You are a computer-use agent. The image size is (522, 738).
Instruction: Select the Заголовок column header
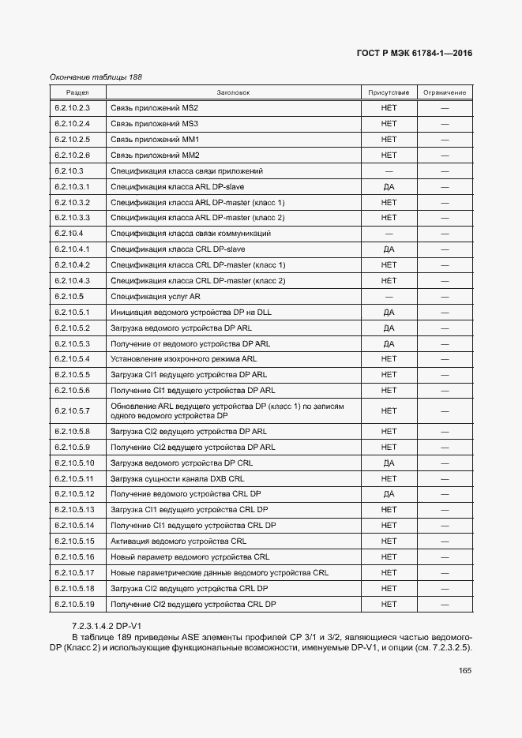pyautogui.click(x=233, y=92)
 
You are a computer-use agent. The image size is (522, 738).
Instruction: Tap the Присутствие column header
pyautogui.click(x=389, y=92)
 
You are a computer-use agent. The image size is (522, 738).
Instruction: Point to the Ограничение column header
pyautogui.click(x=445, y=92)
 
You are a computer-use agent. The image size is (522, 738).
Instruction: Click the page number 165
pyautogui.click(x=464, y=671)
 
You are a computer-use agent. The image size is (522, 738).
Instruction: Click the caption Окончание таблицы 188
pyautogui.click(x=96, y=77)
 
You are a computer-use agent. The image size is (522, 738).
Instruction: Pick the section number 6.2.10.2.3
pyautogui.click(x=73, y=108)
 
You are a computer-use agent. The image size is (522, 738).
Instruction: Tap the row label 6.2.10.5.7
pyautogui.click(x=73, y=411)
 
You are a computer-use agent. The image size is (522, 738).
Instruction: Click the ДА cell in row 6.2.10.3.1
pyautogui.click(x=389, y=187)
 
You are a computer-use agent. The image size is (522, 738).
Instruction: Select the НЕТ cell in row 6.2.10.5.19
pyautogui.click(x=389, y=605)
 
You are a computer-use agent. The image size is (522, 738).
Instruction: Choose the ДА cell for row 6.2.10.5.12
pyautogui.click(x=389, y=494)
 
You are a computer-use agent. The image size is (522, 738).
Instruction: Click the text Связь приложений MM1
pyautogui.click(x=155, y=140)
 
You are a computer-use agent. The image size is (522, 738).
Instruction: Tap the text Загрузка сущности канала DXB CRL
pyautogui.click(x=177, y=478)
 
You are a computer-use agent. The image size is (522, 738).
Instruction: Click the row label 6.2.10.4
pyautogui.click(x=69, y=234)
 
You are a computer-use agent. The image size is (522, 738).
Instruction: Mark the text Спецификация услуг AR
pyautogui.click(x=156, y=297)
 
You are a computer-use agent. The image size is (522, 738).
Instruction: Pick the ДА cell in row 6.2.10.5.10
pyautogui.click(x=389, y=463)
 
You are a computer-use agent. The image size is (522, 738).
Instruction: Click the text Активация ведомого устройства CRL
pyautogui.click(x=178, y=541)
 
